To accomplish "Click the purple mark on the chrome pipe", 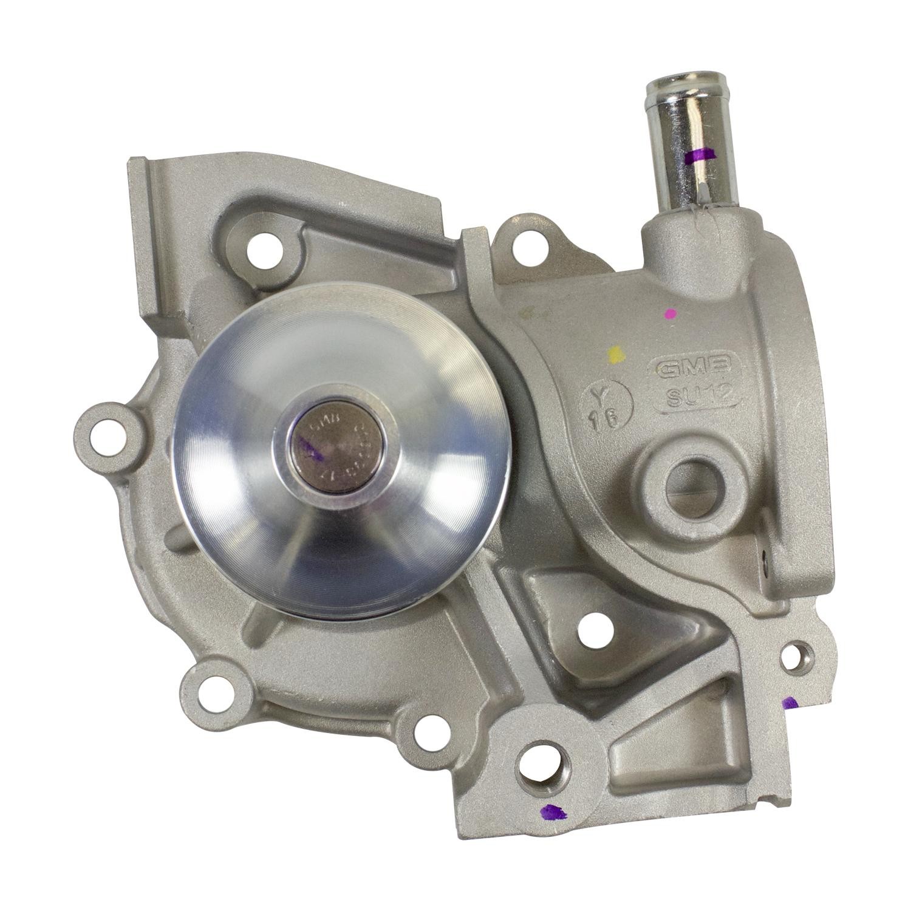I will (x=700, y=157).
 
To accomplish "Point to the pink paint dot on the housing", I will (x=670, y=314).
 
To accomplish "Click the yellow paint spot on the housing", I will (x=615, y=355).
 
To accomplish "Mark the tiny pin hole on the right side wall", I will (x=766, y=557).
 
